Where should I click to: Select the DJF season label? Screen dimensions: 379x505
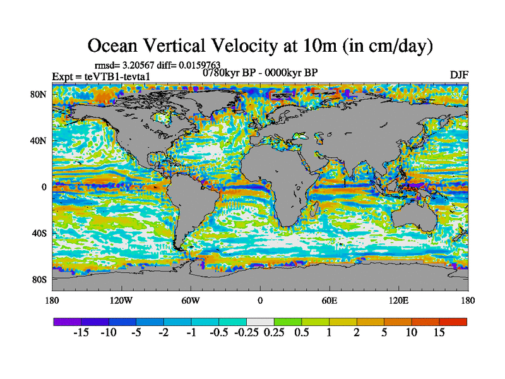(458, 75)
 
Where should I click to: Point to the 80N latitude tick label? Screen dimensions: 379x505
(39, 95)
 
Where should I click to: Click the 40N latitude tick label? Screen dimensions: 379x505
(39, 141)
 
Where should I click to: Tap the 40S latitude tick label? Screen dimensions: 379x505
(39, 233)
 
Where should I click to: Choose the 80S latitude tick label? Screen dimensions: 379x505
(39, 279)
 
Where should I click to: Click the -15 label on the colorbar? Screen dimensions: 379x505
(81, 332)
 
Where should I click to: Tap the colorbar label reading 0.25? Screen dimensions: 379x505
(274, 332)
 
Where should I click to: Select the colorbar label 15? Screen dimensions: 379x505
(439, 332)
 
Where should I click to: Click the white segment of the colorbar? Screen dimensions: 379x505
(260, 322)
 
